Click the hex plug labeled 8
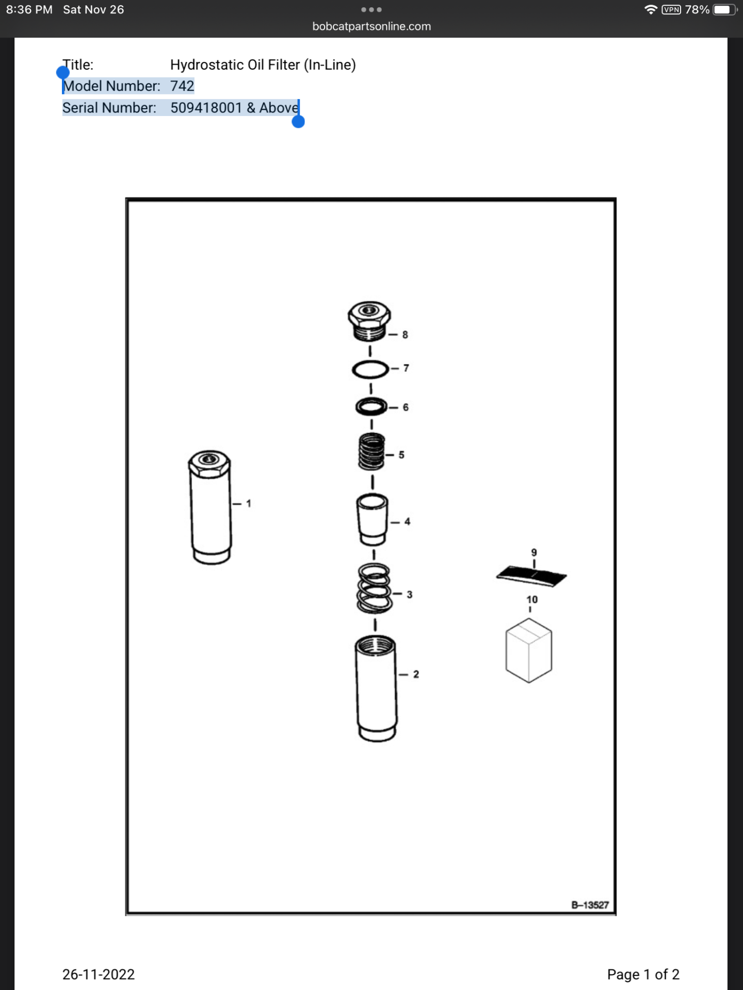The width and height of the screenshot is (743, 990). tap(369, 321)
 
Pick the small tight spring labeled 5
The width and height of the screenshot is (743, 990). tap(372, 451)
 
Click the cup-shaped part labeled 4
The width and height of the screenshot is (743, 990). tap(372, 519)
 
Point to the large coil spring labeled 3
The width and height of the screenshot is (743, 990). tap(374, 588)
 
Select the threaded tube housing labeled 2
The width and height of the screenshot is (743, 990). tap(376, 689)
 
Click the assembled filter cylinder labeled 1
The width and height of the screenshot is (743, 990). tap(209, 507)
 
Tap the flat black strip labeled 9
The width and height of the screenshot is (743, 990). tap(531, 576)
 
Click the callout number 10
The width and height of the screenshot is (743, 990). tap(532, 600)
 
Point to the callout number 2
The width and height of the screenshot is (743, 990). tap(416, 674)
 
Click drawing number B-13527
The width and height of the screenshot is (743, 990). tap(590, 905)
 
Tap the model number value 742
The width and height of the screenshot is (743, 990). tap(182, 86)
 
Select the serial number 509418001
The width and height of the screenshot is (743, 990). tap(206, 108)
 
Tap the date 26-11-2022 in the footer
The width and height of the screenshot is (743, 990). tap(99, 975)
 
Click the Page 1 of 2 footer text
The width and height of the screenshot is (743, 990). tap(643, 975)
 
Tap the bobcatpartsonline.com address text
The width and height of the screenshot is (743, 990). tap(372, 26)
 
